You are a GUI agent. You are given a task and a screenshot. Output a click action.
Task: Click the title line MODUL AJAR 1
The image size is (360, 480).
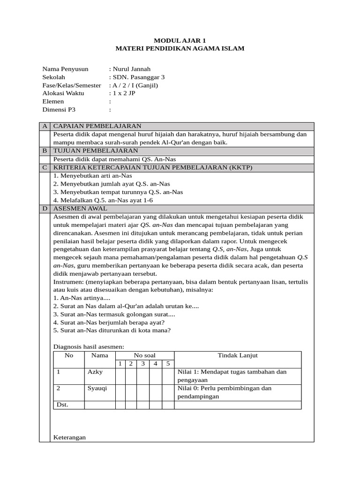click(x=180, y=41)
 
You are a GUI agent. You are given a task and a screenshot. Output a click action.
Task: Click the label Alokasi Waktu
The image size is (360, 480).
click(x=63, y=93)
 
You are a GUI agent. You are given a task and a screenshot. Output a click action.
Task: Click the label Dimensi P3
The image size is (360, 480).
click(x=59, y=110)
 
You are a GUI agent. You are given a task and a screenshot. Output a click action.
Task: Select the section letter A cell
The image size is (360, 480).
click(x=45, y=126)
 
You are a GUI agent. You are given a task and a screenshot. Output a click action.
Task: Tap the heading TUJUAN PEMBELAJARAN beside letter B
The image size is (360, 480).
click(x=96, y=150)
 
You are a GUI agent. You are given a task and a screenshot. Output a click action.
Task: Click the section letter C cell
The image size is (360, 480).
click(x=45, y=167)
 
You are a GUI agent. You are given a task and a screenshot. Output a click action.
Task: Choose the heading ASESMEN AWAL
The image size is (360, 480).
click(x=80, y=208)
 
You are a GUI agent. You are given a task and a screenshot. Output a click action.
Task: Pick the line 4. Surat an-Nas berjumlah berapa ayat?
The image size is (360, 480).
click(x=109, y=322)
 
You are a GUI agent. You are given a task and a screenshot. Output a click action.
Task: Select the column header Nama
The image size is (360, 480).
click(x=99, y=355)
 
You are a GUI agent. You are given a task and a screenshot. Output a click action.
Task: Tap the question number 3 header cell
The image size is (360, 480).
click(x=143, y=363)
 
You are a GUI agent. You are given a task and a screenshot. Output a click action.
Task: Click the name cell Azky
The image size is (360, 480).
click(x=95, y=372)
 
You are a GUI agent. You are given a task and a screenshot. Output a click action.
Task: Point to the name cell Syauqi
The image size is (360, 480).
click(x=97, y=388)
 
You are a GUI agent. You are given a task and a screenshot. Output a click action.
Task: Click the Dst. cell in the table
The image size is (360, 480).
click(x=62, y=405)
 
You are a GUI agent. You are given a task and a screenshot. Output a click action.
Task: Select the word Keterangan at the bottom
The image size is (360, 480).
click(x=70, y=437)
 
